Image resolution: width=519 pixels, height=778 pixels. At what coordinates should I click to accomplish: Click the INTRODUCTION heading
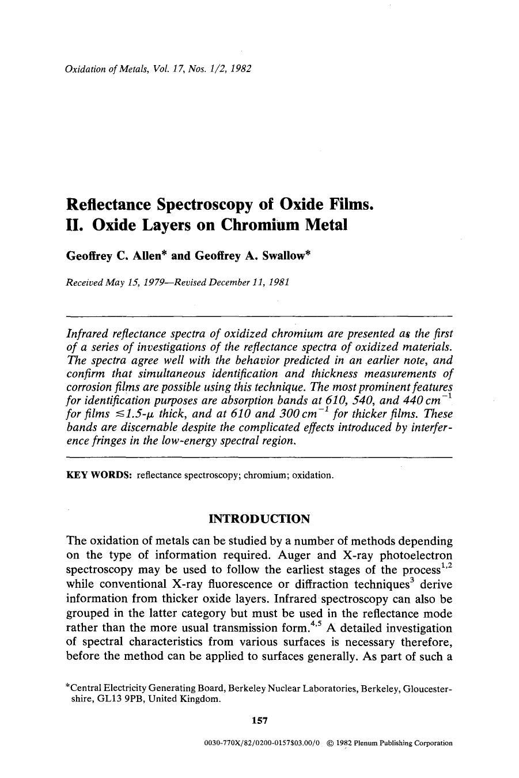coord(259,519)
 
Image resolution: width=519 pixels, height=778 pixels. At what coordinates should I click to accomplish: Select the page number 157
coord(260,720)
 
